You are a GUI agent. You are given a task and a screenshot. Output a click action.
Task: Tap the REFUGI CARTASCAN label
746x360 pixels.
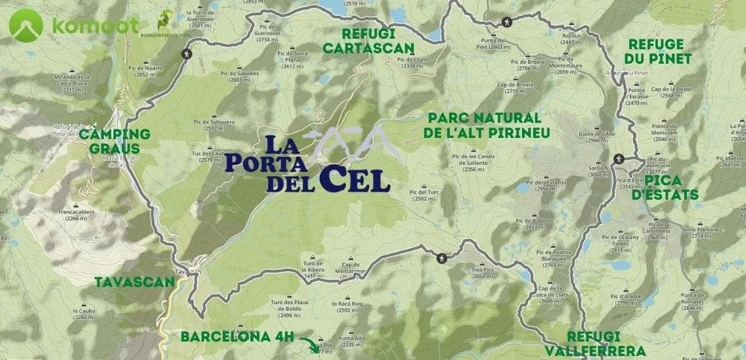[368, 41]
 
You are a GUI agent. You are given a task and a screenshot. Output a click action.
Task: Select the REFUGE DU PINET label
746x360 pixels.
[659, 51]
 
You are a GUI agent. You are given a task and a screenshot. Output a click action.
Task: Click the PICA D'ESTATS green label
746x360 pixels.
[671, 188]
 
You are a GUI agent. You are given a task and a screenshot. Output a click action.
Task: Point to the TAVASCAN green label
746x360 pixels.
[135, 282]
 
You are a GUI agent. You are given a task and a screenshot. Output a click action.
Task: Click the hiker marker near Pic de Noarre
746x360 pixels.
[187, 53]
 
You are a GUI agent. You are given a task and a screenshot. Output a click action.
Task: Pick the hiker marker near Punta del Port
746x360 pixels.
[507, 22]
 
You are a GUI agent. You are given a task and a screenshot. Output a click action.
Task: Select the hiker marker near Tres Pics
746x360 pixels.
[443, 258]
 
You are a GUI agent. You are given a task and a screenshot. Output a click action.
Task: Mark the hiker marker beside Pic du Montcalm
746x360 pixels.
[619, 159]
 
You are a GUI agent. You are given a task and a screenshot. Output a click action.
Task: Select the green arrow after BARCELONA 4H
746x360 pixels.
[308, 343]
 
